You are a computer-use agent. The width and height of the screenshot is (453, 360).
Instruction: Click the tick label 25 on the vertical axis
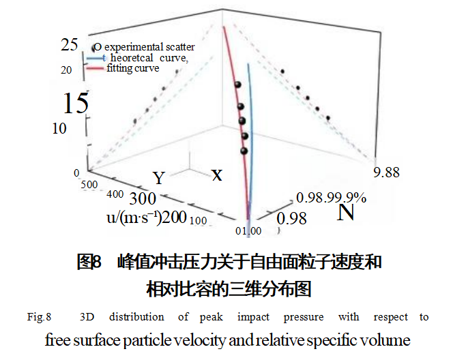(70, 46)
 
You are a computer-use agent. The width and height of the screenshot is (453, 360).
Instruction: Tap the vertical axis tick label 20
(66, 70)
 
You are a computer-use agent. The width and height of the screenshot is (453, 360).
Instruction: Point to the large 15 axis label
(76, 103)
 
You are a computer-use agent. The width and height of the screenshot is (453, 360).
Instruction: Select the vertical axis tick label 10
(59, 128)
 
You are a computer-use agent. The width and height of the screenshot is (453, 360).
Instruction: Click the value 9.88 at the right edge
(388, 172)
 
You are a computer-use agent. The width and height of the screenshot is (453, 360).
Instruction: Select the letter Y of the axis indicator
(159, 179)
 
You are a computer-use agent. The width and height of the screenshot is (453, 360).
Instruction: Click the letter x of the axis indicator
(217, 175)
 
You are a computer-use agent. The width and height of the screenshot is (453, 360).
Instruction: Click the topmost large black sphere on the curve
(238, 85)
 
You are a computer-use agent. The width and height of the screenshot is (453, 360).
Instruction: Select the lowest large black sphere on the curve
(244, 151)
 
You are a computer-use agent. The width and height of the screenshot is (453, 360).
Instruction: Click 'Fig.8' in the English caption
(40, 317)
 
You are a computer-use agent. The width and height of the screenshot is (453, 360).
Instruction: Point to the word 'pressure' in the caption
(296, 317)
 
